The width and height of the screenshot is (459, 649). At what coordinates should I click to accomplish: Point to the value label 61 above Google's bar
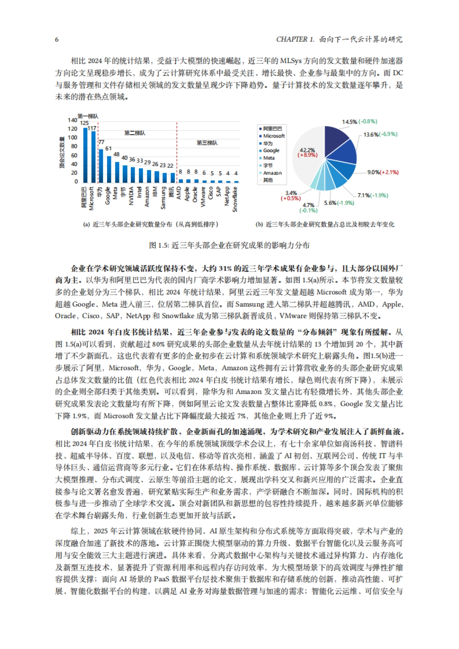pyautogui.click(x=109, y=149)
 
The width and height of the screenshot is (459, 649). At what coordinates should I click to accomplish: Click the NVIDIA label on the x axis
pyautogui.click(x=132, y=196)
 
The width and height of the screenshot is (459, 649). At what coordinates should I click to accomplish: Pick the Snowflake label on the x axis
pyautogui.click(x=235, y=199)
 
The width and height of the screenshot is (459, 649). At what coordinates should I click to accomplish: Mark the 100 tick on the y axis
pyautogui.click(x=73, y=138)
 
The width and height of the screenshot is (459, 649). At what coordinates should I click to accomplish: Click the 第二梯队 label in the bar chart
pyautogui.click(x=135, y=133)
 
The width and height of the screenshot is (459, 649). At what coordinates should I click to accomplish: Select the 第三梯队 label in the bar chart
pyautogui.click(x=207, y=143)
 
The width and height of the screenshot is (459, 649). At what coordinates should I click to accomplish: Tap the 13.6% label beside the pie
pyautogui.click(x=371, y=135)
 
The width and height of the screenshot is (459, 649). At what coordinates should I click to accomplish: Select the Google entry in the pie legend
pyautogui.click(x=271, y=151)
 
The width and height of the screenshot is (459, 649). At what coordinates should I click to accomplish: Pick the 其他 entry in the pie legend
pyautogui.click(x=268, y=180)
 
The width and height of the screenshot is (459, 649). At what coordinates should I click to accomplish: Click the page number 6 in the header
pyautogui.click(x=57, y=39)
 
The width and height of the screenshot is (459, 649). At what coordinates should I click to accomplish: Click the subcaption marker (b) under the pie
pyautogui.click(x=259, y=225)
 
